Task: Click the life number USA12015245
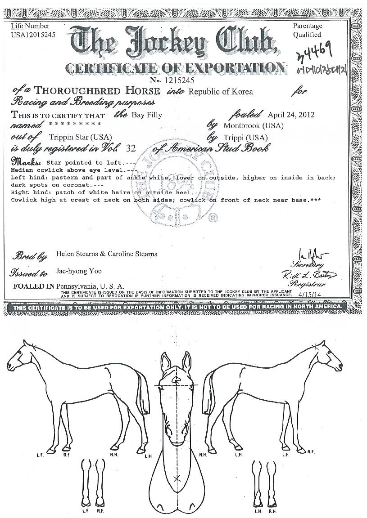[x=33, y=35]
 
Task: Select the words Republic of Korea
[x=221, y=92]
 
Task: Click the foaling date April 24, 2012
[x=291, y=114]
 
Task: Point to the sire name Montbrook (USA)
[x=254, y=125]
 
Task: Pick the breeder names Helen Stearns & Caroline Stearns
[x=107, y=254]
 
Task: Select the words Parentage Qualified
[x=307, y=31]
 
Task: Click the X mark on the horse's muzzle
[x=177, y=479]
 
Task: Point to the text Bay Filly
[x=146, y=115]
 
